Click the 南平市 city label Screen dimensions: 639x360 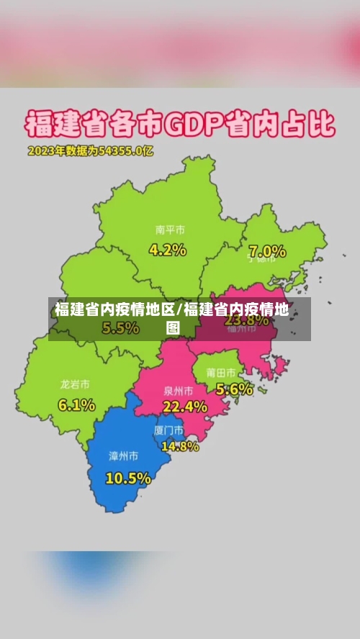pyautogui.click(x=170, y=230)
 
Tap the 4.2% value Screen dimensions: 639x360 pyautogui.click(x=168, y=250)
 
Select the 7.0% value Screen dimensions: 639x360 pyautogui.click(x=267, y=252)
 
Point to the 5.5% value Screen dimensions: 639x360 pyautogui.click(x=120, y=328)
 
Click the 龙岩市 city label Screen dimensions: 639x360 pyautogui.click(x=75, y=384)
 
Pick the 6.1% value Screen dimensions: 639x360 pyautogui.click(x=76, y=404)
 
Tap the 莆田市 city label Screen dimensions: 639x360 pyautogui.click(x=221, y=373)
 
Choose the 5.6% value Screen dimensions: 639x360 pyautogui.click(x=235, y=389)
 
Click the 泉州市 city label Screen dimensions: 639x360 pyautogui.click(x=178, y=391)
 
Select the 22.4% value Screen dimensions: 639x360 pyautogui.click(x=185, y=407)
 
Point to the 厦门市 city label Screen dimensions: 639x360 pyautogui.click(x=168, y=430)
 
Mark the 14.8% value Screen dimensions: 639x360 pyautogui.click(x=180, y=446)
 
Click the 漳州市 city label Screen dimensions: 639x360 pyautogui.click(x=123, y=456)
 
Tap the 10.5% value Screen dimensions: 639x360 pyautogui.click(x=128, y=478)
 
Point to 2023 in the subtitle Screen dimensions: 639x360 pyautogui.click(x=41, y=151)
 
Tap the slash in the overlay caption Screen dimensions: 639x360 pyautogui.click(x=179, y=311)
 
